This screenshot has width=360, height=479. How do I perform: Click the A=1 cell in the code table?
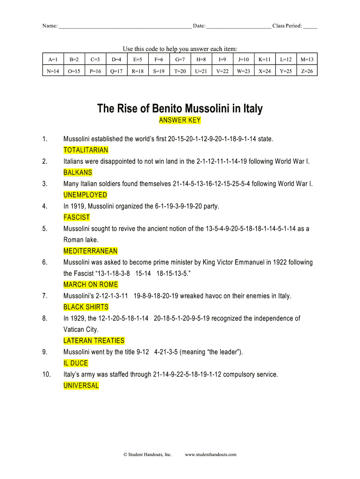53,59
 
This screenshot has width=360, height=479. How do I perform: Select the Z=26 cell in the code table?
307,72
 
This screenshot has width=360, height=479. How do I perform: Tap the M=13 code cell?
307,59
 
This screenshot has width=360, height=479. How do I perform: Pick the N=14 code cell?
53,72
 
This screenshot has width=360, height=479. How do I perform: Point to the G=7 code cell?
180,59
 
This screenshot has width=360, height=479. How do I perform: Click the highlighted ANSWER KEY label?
180,120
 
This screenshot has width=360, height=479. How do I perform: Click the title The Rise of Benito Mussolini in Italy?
180,109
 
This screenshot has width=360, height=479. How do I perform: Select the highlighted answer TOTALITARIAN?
86,150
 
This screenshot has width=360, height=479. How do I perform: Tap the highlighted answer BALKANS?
78,173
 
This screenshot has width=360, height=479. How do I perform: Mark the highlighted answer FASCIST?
77,218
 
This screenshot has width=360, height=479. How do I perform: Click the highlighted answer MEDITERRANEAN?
90,251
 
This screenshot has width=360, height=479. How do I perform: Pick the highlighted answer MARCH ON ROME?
91,285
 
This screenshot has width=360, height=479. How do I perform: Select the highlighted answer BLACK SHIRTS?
86,307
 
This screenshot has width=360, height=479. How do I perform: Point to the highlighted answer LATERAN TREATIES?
94,341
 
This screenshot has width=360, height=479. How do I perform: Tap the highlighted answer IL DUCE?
76,363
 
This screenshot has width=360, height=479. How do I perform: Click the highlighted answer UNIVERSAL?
81,386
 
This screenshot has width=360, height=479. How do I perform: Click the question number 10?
46,375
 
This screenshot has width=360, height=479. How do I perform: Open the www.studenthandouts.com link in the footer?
211,454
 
